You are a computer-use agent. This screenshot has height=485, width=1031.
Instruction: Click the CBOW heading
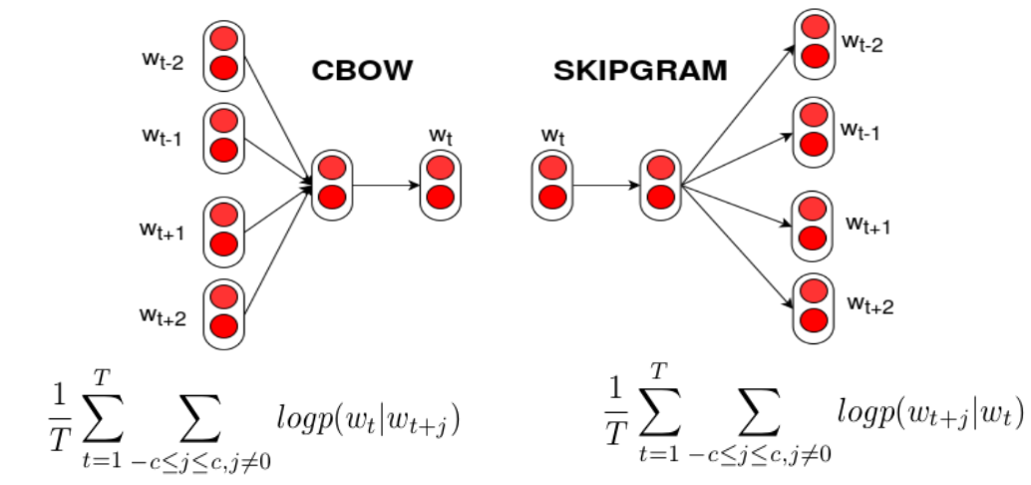click(362, 71)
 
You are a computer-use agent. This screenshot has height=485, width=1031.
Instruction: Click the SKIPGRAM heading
click(641, 71)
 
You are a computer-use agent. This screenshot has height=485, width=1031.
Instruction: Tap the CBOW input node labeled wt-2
click(223, 54)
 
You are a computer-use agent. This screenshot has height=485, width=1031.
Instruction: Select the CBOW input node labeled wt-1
click(223, 136)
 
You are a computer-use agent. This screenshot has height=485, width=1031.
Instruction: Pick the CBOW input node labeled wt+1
click(223, 231)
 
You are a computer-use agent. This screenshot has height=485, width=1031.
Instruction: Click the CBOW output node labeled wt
click(440, 184)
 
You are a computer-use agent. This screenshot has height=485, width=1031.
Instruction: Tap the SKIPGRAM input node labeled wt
click(551, 184)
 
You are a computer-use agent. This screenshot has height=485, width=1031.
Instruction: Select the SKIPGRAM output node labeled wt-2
click(813, 41)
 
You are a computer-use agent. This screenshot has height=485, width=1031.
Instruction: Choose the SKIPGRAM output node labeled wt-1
click(813, 129)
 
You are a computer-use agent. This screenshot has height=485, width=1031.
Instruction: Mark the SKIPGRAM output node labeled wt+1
click(813, 224)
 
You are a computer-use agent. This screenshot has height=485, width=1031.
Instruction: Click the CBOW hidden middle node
click(332, 184)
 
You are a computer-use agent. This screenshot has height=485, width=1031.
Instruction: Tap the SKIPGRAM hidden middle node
click(660, 184)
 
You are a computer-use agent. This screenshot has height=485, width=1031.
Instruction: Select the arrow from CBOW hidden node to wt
click(386, 185)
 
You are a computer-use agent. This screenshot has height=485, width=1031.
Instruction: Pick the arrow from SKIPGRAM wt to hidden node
click(606, 185)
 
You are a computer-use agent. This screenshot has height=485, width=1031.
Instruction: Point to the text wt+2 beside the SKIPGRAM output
click(869, 303)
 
